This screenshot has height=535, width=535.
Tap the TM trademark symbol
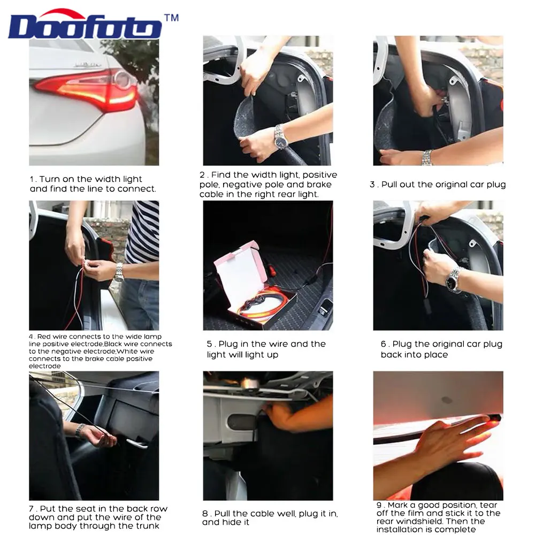pos(171,18)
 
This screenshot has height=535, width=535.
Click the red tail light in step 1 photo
pos(87,90)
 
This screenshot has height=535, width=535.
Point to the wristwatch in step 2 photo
pos(280,137)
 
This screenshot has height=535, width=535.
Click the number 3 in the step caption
pos(372,185)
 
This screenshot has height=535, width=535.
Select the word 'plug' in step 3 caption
pos(495,185)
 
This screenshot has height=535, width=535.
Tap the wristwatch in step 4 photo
pos(119,272)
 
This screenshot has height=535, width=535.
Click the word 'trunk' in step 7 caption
pos(149,526)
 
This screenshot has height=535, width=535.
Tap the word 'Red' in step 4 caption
pos(44,337)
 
